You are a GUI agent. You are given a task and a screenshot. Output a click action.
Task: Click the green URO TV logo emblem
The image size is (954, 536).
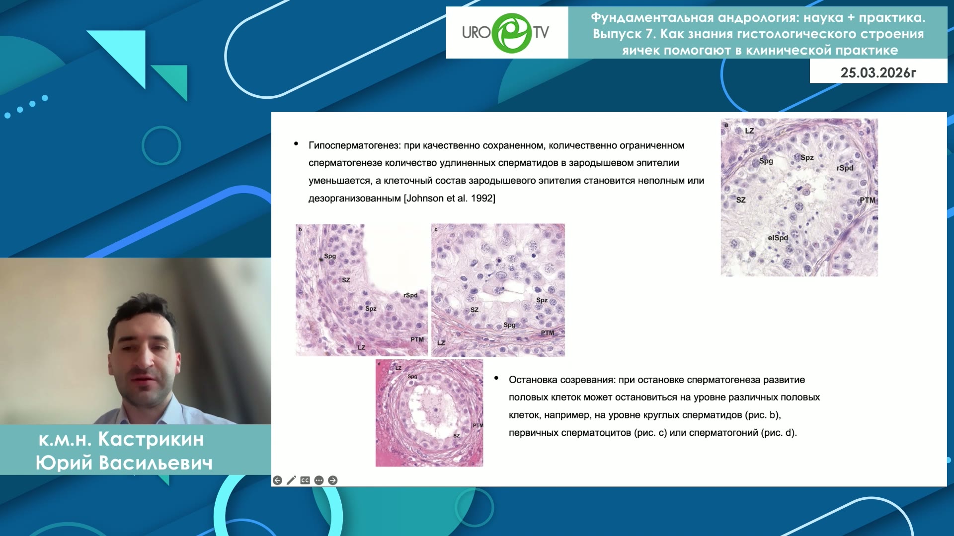(x=512, y=33)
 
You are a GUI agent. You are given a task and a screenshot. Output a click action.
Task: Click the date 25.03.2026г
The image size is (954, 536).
(x=878, y=72)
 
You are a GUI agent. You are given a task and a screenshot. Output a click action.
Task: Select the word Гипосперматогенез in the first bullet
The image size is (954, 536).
(x=354, y=145)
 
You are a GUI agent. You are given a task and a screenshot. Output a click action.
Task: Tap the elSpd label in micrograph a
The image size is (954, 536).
(x=778, y=238)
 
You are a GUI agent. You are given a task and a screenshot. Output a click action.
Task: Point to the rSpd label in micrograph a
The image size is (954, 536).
(x=845, y=168)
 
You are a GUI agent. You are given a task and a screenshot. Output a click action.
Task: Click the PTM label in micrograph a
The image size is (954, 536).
(x=867, y=200)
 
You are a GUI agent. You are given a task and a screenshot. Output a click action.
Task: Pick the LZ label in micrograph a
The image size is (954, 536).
(x=749, y=131)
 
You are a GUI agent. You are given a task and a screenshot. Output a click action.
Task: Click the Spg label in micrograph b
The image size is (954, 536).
(x=330, y=256)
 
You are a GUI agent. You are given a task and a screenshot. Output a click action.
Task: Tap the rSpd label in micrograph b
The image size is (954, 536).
(x=410, y=295)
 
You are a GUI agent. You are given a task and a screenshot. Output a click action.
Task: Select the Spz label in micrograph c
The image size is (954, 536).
(x=542, y=300)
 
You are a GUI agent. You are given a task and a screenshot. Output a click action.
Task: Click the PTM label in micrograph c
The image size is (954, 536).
(x=547, y=333)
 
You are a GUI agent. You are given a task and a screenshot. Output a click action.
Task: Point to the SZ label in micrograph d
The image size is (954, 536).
(x=456, y=436)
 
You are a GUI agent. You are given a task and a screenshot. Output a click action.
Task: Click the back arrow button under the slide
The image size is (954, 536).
(x=277, y=480)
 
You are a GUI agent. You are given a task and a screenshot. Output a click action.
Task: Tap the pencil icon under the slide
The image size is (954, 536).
(x=291, y=480)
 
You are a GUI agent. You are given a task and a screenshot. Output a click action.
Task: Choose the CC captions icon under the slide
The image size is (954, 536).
(x=305, y=480)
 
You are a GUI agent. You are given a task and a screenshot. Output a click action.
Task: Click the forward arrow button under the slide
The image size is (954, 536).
(x=333, y=480)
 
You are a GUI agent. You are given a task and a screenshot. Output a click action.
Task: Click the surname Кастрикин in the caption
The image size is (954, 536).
(x=151, y=439)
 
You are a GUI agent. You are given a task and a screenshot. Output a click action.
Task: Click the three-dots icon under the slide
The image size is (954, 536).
(x=319, y=480)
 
